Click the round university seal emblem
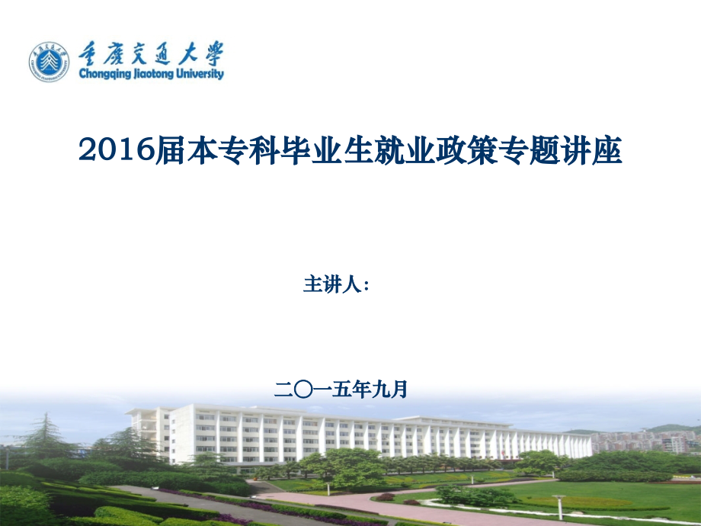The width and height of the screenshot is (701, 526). click(50, 62)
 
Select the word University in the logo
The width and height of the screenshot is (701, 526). click(200, 75)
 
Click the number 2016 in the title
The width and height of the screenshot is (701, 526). click(117, 150)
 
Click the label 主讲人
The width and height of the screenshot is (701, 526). click(331, 284)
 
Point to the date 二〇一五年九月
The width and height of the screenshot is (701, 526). click(341, 390)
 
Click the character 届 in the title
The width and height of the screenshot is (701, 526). click(171, 150)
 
